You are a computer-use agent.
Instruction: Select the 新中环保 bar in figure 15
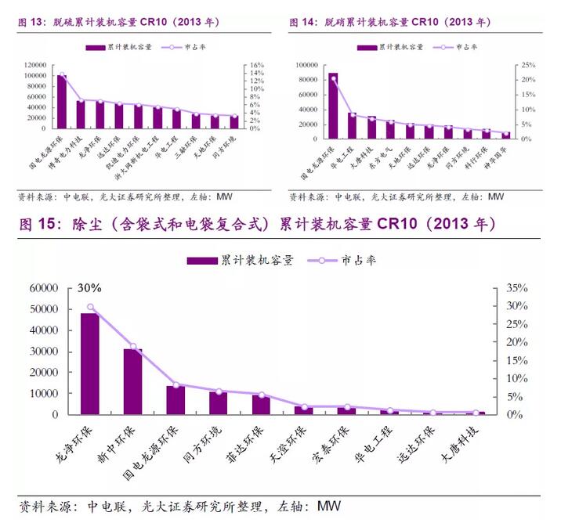click(x=133, y=381)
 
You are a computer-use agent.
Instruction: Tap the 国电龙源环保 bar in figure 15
click(x=176, y=399)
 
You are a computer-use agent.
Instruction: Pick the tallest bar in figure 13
click(x=62, y=101)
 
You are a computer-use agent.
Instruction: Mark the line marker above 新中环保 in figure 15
click(x=133, y=346)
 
